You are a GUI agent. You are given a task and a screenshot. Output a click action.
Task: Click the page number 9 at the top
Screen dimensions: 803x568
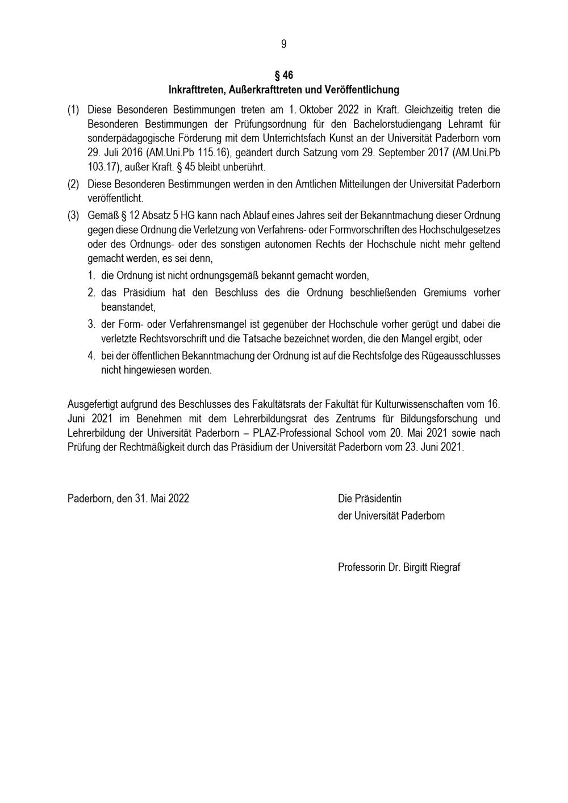(x=283, y=44)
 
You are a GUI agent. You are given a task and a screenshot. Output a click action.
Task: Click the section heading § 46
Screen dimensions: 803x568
(x=283, y=76)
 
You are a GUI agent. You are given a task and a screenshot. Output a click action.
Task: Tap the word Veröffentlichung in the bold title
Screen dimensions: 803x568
(x=362, y=90)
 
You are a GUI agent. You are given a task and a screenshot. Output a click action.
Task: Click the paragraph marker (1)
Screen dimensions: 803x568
(x=73, y=109)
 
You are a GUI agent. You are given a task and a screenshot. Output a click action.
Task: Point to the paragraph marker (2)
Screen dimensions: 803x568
(x=73, y=184)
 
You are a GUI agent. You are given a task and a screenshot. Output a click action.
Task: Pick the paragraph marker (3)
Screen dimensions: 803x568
(x=73, y=216)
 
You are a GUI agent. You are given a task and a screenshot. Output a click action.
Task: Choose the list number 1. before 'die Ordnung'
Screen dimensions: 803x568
(x=91, y=276)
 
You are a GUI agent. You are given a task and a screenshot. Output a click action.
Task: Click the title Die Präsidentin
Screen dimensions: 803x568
(x=369, y=499)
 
